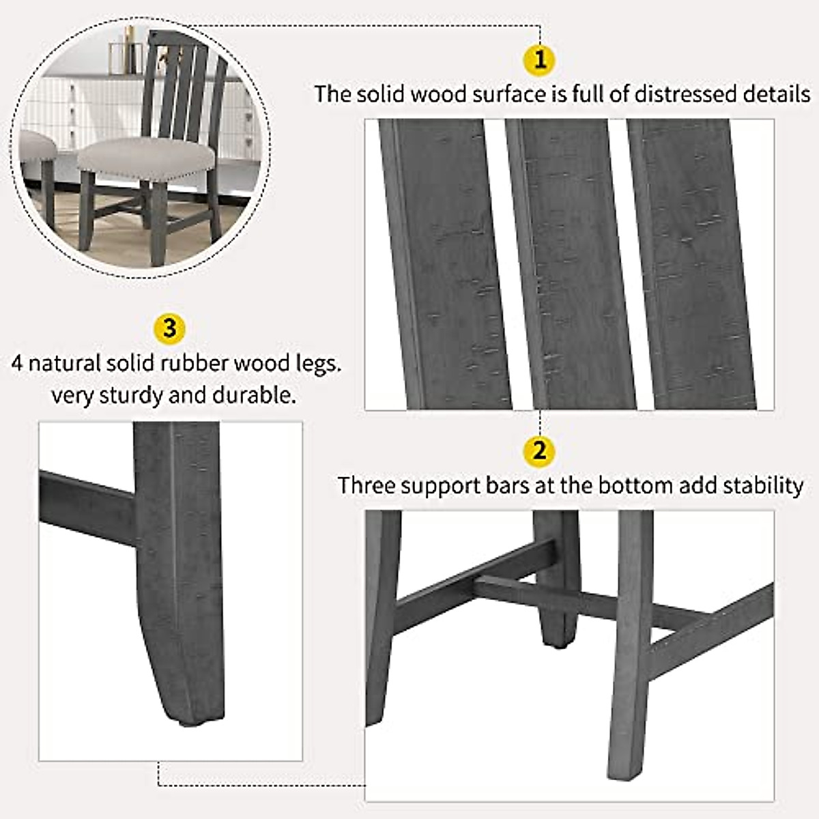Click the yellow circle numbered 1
(x=540, y=59)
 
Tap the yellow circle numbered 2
(x=540, y=451)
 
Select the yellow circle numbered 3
(x=169, y=328)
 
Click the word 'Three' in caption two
(x=367, y=485)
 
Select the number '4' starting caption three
(x=17, y=362)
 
